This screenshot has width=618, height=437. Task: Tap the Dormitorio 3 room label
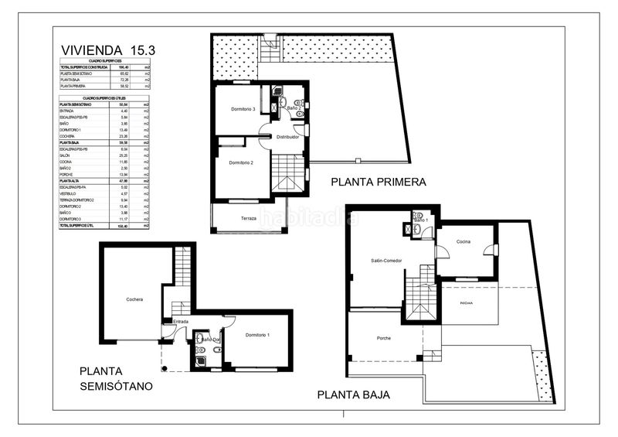tap(243, 109)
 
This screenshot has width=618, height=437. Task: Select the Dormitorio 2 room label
tap(242, 163)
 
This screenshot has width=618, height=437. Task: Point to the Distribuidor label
tap(287, 136)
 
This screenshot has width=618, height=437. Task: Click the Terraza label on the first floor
tap(248, 218)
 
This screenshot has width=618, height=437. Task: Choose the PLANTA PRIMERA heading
tap(378, 183)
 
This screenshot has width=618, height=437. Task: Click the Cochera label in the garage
tap(136, 299)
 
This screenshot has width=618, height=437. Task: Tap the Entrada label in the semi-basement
tap(180, 322)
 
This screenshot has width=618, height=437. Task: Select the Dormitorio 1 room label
tap(257, 334)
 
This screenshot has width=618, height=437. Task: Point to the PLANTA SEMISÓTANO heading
tap(117, 378)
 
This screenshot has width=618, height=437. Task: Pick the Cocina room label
tap(463, 242)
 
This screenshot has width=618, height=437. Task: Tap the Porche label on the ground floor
tap(383, 338)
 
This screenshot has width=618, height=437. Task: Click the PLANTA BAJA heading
tap(354, 394)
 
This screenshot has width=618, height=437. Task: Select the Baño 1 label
tap(420, 220)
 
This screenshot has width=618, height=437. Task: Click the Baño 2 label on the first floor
tap(294, 108)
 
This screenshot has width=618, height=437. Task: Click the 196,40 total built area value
tap(123, 67)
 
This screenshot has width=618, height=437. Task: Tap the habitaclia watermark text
tap(309, 217)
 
